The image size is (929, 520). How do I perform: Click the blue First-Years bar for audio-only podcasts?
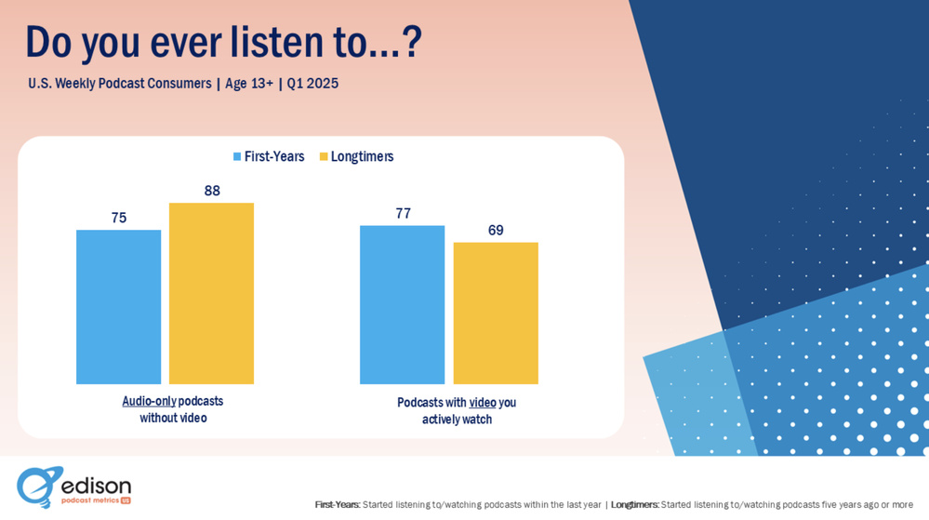118,307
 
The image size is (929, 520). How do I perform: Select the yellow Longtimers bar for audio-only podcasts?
211,293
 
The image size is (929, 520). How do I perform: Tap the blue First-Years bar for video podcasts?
402,304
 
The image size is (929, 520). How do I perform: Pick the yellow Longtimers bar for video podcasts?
496,313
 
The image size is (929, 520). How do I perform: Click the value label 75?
118,218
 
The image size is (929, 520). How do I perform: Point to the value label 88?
212,191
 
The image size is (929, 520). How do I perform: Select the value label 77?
403,213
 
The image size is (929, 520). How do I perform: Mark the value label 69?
496,230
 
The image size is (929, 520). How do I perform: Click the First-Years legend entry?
269,156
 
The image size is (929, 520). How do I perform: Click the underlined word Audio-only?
149,401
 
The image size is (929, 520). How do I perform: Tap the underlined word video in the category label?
483,403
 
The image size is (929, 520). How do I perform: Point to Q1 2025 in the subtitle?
312,84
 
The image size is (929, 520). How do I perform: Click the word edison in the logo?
96,486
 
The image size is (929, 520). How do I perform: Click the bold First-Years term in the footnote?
337,505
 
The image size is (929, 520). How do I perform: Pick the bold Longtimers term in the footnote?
634,505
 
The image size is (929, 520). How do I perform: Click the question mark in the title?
409,42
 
